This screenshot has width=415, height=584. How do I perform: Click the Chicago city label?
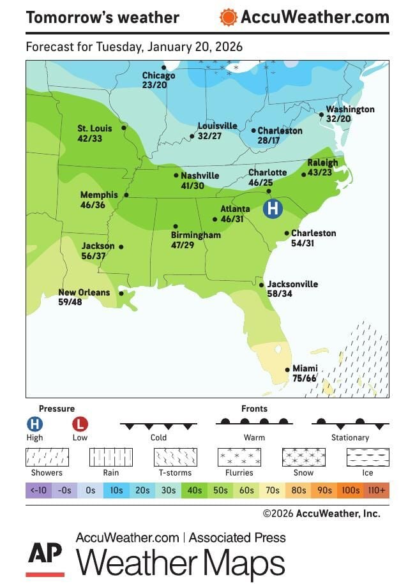click(x=158, y=76)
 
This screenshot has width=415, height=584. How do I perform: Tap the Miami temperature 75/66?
click(x=305, y=378)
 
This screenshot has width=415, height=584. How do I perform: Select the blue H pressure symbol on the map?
click(x=273, y=208)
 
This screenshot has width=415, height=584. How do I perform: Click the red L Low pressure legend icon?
click(x=80, y=424)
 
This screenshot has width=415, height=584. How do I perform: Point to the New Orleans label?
click(x=84, y=293)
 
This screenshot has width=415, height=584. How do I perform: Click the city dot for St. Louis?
click(x=124, y=128)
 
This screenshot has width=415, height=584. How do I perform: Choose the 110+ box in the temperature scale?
click(x=377, y=491)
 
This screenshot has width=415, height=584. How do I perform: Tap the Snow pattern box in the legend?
click(x=303, y=457)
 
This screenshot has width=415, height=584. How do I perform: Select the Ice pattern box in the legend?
click(x=367, y=457)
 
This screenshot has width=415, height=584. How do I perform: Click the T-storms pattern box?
click(x=175, y=457)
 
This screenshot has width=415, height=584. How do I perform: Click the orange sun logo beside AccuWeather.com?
click(x=228, y=17)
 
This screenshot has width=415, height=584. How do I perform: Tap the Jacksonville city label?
click(x=292, y=285)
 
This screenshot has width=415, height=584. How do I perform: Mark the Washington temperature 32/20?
click(x=339, y=119)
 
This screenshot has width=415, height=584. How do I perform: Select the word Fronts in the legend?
click(x=254, y=408)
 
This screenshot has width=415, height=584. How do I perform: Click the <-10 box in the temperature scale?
click(x=38, y=491)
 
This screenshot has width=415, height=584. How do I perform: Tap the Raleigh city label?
click(x=322, y=163)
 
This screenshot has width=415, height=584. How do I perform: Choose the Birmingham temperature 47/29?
click(x=183, y=244)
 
